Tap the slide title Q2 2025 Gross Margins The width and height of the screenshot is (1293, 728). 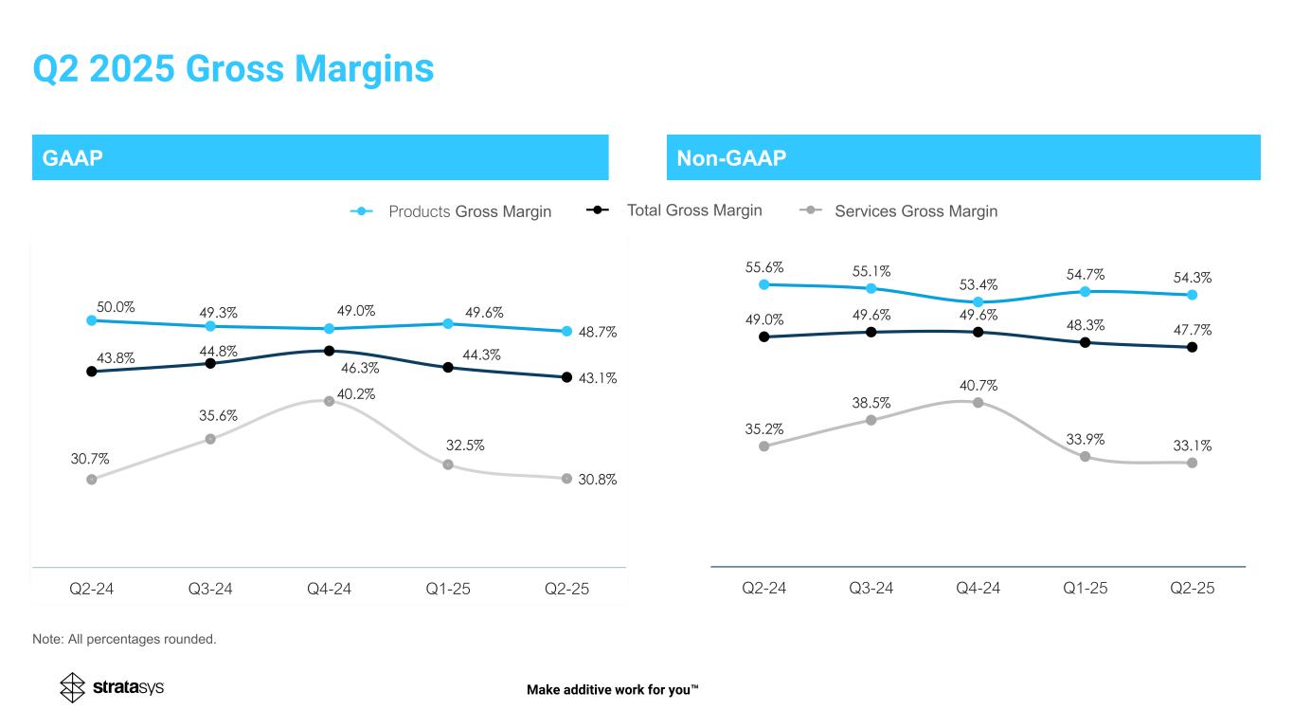[x=233, y=69]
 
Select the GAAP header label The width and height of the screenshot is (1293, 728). [x=67, y=157]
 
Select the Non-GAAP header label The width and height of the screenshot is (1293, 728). [x=731, y=157]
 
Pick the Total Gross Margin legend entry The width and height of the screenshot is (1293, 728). [x=674, y=209]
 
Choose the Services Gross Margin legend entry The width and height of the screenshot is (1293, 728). [x=899, y=210]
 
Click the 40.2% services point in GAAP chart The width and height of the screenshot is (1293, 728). [x=329, y=401]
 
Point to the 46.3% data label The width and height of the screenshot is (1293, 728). [x=360, y=368]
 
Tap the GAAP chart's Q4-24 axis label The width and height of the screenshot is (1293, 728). [x=329, y=589]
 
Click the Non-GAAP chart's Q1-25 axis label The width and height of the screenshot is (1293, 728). [x=1085, y=589]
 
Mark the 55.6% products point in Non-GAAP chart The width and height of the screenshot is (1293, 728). [x=763, y=283]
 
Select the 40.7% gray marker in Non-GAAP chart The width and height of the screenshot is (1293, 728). [x=978, y=403]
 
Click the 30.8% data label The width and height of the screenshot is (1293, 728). [x=597, y=480]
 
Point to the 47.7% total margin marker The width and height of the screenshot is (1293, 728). [x=1192, y=347]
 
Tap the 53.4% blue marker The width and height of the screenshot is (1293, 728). [x=978, y=302]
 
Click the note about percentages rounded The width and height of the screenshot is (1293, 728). [x=124, y=639]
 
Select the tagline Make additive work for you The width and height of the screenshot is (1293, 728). [x=612, y=689]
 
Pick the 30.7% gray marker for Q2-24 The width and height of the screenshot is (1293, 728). [x=91, y=480]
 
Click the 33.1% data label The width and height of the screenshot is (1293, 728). [x=1192, y=445]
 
